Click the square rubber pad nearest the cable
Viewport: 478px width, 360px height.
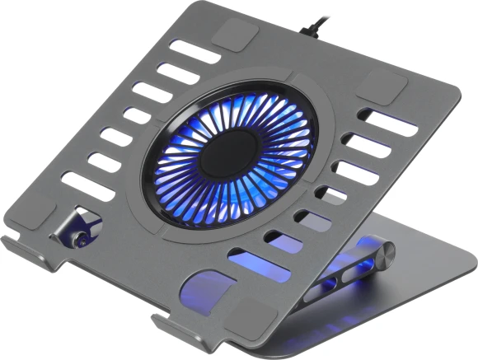pyautogui.click(x=237, y=35)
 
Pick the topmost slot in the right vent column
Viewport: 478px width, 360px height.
pyautogui.click(x=387, y=122)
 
